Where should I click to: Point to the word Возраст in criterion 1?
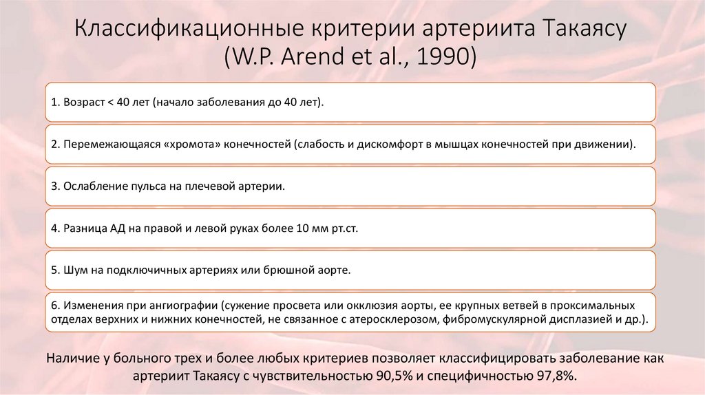pyautogui.click(x=83, y=103)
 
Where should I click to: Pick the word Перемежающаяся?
pyautogui.click(x=103, y=145)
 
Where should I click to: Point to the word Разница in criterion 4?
pyautogui.click(x=83, y=228)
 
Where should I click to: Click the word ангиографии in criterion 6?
pyautogui.click(x=185, y=305)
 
